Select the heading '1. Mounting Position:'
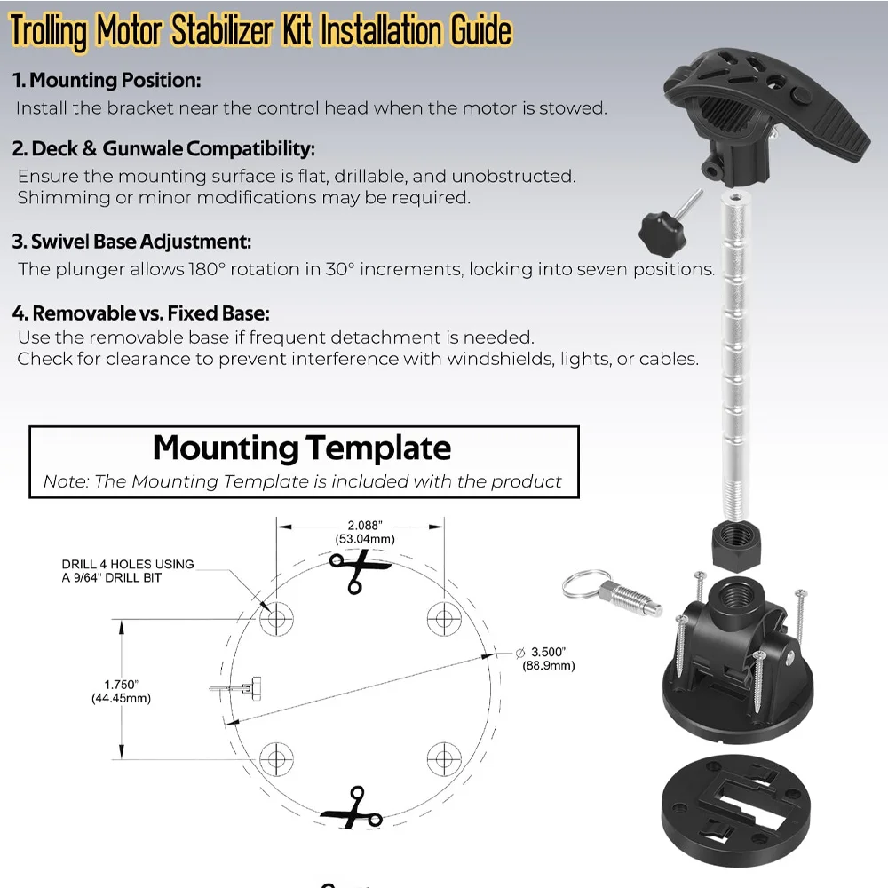point(107,81)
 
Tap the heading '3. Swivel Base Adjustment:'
point(132,242)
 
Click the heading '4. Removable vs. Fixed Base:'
point(141,313)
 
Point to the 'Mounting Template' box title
point(302,448)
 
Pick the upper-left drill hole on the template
point(276,618)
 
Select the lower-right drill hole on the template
point(444,757)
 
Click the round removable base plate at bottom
point(730,805)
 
